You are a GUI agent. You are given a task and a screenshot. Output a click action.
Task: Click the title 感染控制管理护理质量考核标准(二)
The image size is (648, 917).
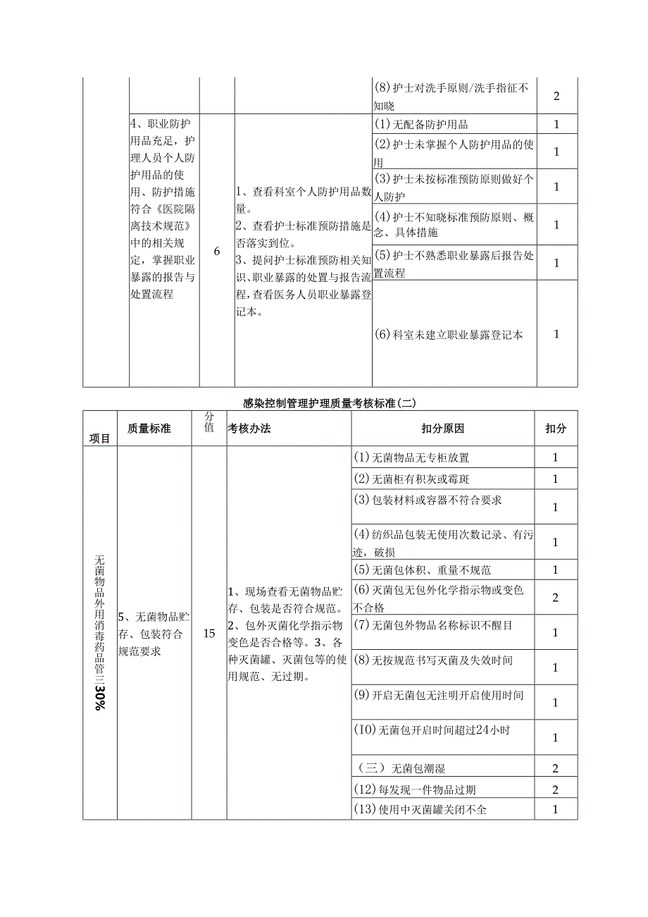point(330,403)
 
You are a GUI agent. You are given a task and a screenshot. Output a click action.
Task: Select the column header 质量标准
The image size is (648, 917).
point(149,429)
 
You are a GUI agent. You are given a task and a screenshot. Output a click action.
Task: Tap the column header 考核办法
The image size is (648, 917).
point(249,429)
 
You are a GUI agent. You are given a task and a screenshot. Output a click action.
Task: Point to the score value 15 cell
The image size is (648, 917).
point(209,633)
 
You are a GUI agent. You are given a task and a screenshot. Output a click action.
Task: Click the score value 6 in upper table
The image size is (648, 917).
point(216,251)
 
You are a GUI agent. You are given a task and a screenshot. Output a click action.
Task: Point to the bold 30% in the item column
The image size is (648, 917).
point(100,698)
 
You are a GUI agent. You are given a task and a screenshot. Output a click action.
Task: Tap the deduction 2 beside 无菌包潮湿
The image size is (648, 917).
point(556,768)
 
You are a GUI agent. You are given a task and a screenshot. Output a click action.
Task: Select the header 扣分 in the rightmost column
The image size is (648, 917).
point(556,429)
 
